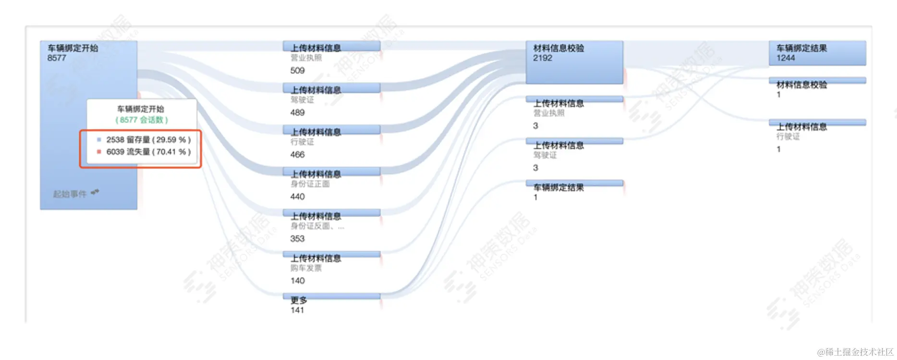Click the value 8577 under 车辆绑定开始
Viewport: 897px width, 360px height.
[x=57, y=58]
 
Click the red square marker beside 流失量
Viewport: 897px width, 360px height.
[x=99, y=152]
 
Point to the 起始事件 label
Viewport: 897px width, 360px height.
[x=70, y=194]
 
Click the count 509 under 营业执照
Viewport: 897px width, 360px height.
[x=297, y=71]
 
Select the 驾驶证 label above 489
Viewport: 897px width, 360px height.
[x=302, y=100]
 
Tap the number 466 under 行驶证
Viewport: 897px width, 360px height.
[x=297, y=155]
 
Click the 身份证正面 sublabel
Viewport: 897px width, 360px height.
[x=310, y=184]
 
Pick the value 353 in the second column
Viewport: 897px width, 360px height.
[x=297, y=239]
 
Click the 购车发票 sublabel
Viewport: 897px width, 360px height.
[x=306, y=268]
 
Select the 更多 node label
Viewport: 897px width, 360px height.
[x=298, y=300]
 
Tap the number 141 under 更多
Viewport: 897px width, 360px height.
[x=297, y=310]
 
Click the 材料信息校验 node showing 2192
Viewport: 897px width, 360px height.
[x=574, y=62]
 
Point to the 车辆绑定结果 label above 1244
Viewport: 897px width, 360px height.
[x=801, y=48]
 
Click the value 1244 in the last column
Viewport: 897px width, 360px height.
[x=786, y=58]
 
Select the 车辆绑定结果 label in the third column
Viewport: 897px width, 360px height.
[x=558, y=188]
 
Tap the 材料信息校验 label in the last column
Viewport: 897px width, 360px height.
[x=801, y=85]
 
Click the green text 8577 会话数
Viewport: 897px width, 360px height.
[x=142, y=120]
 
